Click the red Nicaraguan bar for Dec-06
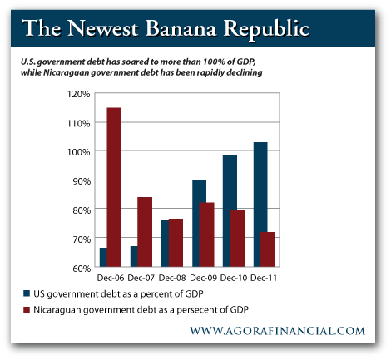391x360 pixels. pos(114,187)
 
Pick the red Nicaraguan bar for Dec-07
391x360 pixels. pos(145,232)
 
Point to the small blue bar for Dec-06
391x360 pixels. pos(103,257)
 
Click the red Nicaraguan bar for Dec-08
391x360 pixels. pos(176,243)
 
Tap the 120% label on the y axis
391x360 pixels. pos(79,94)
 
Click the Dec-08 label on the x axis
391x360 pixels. pos(172,278)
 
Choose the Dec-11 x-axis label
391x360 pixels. pos(264,278)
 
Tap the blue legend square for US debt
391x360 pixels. pos(27,293)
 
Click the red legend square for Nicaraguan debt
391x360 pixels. pos(27,309)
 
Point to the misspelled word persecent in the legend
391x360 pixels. pos(195,310)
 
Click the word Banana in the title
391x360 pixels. pos(181,28)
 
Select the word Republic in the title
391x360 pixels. pos(266,29)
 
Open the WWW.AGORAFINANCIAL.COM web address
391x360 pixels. pos(277,331)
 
